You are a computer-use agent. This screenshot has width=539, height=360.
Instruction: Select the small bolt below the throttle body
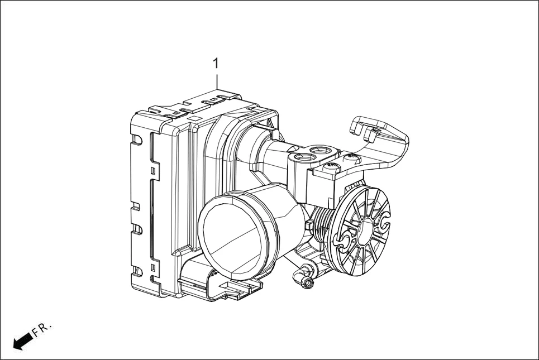[x=306, y=283]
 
